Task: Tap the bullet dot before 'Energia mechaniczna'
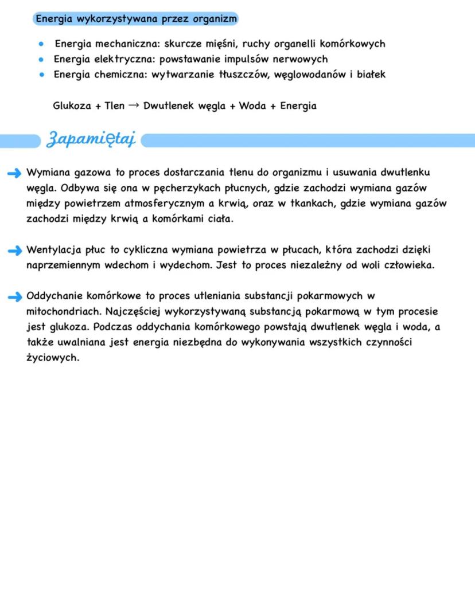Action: click(41, 44)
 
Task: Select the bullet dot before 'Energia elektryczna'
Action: click(41, 59)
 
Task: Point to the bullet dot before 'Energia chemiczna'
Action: click(41, 75)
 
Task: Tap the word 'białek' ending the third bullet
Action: click(371, 75)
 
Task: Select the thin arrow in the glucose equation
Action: click(134, 106)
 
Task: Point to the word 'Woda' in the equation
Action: click(252, 106)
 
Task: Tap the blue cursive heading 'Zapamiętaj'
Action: click(92, 140)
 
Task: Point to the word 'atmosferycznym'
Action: click(161, 204)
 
